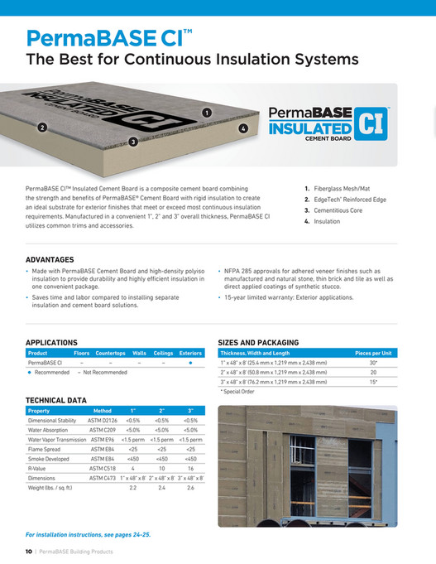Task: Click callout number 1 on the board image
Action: click(207, 112)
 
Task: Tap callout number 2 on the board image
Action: click(42, 127)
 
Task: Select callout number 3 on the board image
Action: click(133, 142)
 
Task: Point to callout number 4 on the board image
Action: click(243, 128)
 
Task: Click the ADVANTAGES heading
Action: click(50, 260)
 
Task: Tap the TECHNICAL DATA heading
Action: click(56, 400)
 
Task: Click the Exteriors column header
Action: click(190, 353)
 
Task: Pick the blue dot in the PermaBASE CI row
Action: click(190, 363)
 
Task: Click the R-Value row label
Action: click(39, 468)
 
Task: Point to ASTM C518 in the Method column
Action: click(103, 468)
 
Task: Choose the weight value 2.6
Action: click(190, 488)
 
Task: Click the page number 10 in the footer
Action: click(28, 552)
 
